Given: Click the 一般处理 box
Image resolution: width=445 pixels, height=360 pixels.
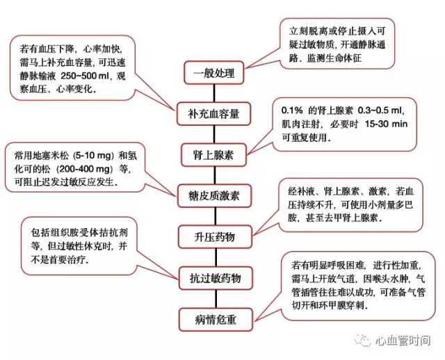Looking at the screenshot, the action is pos(214,73).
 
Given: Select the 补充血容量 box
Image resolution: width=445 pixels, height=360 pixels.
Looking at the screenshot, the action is pos(213,114).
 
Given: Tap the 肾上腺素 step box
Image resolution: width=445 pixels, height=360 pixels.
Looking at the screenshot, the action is pos(213,155).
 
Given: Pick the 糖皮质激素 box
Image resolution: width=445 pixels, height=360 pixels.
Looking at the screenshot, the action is pos(214,196).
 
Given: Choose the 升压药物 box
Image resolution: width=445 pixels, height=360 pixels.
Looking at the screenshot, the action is pos(215,237).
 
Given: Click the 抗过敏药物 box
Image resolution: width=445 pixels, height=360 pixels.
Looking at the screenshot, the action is pos(216,278).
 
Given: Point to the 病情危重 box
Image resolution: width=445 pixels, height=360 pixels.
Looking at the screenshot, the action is pos(216,320).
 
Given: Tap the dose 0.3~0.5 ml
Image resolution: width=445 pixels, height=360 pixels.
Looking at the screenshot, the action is pos(380,111).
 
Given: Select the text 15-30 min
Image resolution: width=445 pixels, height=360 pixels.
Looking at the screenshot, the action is pos(386,124).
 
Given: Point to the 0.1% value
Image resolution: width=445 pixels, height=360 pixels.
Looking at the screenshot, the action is pos(292,111).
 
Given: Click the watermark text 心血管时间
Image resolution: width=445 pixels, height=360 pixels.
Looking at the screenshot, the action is pos(403,340).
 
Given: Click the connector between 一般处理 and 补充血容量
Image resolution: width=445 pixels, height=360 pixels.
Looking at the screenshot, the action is pos(214,94).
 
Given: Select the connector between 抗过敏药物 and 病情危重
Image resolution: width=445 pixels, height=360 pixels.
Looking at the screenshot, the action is pos(216,299).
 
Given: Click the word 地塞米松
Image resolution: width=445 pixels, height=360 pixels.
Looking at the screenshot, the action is pos(51,156).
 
